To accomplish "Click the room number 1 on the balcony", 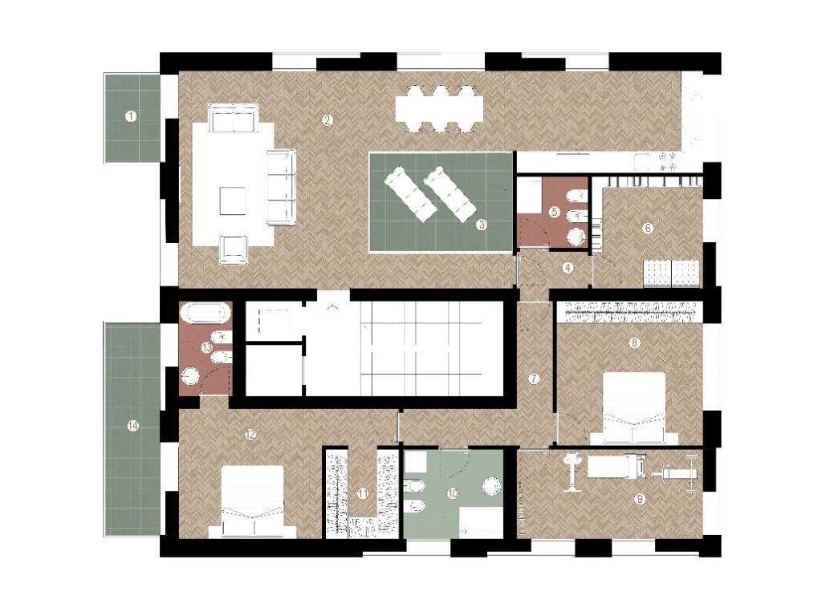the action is click(131, 116).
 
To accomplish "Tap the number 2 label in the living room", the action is click(328, 120).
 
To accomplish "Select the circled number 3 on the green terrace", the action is click(482, 225).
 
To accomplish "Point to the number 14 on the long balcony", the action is click(133, 427).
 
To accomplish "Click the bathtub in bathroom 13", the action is click(205, 313).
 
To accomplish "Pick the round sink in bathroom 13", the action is click(189, 377).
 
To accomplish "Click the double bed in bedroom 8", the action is click(634, 408).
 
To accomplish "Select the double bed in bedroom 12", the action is click(253, 502).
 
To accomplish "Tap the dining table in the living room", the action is click(439, 109).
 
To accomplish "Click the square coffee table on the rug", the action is click(233, 201).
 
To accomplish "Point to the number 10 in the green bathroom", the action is click(454, 493).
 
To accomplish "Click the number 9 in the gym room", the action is click(640, 499).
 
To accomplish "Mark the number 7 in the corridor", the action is click(534, 379).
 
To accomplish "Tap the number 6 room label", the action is click(648, 228).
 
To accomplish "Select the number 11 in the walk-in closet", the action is click(363, 493).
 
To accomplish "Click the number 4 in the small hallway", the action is click(568, 268).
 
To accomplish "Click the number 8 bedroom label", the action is click(634, 342).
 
